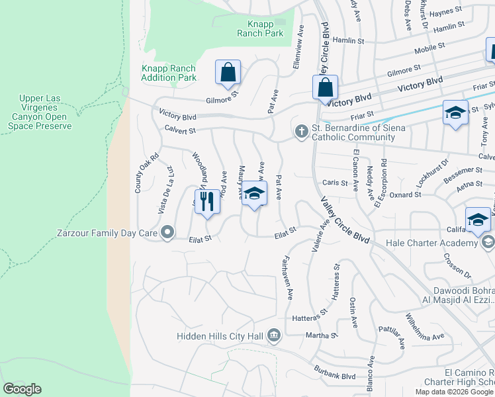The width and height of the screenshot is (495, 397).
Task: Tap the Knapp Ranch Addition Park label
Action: click(169, 73)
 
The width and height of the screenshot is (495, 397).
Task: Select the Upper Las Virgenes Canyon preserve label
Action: click(49, 112)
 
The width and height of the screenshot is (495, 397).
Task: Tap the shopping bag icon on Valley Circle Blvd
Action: click(325, 88)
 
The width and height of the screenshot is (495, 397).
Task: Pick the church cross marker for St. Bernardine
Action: click(301, 132)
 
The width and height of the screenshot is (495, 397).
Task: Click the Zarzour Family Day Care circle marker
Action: click(167, 232)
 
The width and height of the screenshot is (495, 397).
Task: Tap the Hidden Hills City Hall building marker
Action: click(273, 337)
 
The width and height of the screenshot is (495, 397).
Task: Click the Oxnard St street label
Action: click(404, 195)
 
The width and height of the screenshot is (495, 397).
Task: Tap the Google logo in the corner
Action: click(22, 389)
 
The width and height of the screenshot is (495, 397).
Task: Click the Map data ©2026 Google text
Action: click(454, 392)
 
